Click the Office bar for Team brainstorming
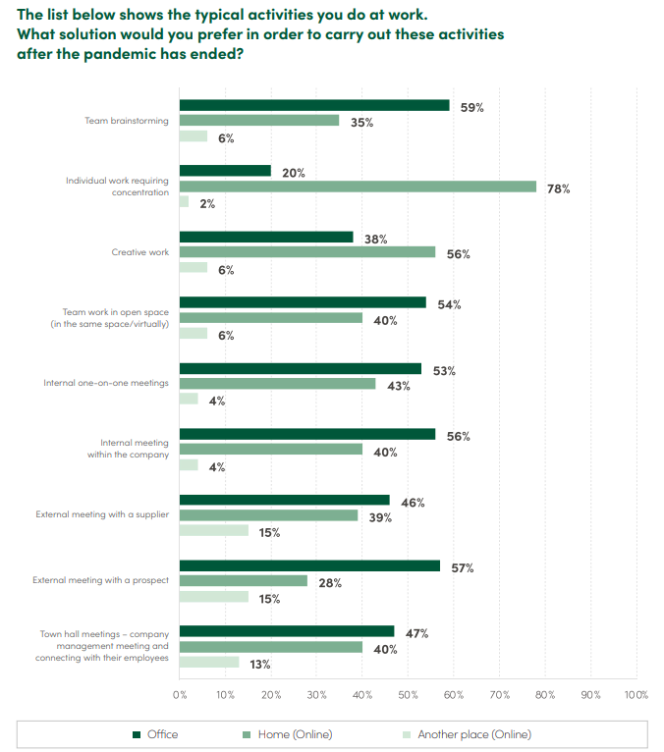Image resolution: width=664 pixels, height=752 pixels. tap(314, 105)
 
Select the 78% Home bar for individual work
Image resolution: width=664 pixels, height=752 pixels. tap(358, 187)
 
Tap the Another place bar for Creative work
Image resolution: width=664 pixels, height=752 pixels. tap(193, 267)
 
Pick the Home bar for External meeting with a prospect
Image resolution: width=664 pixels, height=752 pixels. tap(244, 581)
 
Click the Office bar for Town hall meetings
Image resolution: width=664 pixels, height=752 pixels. tap(287, 631)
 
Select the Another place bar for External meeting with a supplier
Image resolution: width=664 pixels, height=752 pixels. tap(214, 530)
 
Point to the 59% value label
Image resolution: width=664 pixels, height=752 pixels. tap(471, 107)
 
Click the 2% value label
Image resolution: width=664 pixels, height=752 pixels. tap(207, 203)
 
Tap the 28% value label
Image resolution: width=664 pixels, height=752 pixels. tap(329, 583)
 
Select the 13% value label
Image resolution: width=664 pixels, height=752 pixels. tap(260, 664)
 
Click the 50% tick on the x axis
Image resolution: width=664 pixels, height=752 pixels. tap(409, 695)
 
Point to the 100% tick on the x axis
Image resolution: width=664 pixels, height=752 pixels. tap(636, 695)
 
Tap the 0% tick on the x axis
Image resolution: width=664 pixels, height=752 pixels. tap(180, 695)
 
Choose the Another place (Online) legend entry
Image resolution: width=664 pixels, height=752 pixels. tap(473, 733)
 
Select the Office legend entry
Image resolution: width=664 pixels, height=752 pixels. tap(162, 733)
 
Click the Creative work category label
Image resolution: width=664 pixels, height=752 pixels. tap(140, 252)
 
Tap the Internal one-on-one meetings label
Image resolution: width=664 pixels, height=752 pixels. tap(106, 383)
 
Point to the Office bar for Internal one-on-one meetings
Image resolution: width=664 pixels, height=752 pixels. tap(301, 368)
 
